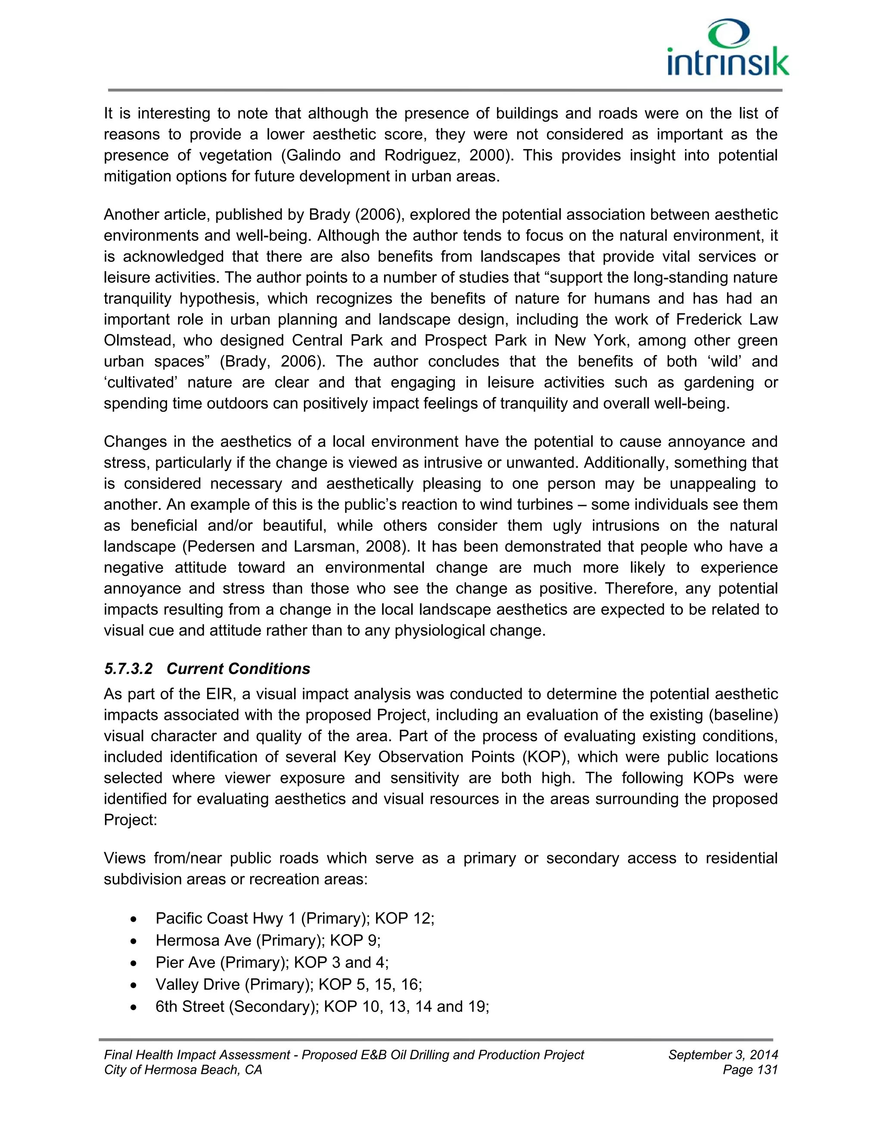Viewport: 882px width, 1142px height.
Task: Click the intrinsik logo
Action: [728, 49]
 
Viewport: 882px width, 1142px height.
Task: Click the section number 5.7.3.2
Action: [128, 669]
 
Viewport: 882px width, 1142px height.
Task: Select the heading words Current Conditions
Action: [238, 669]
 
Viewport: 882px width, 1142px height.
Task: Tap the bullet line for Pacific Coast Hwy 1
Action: [295, 918]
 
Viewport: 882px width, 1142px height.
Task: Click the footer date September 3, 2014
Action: [723, 1055]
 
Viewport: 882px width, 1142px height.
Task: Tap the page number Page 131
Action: [750, 1070]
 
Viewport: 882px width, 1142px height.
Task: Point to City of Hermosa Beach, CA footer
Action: [183, 1070]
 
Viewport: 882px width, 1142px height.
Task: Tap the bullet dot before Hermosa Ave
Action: [135, 941]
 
